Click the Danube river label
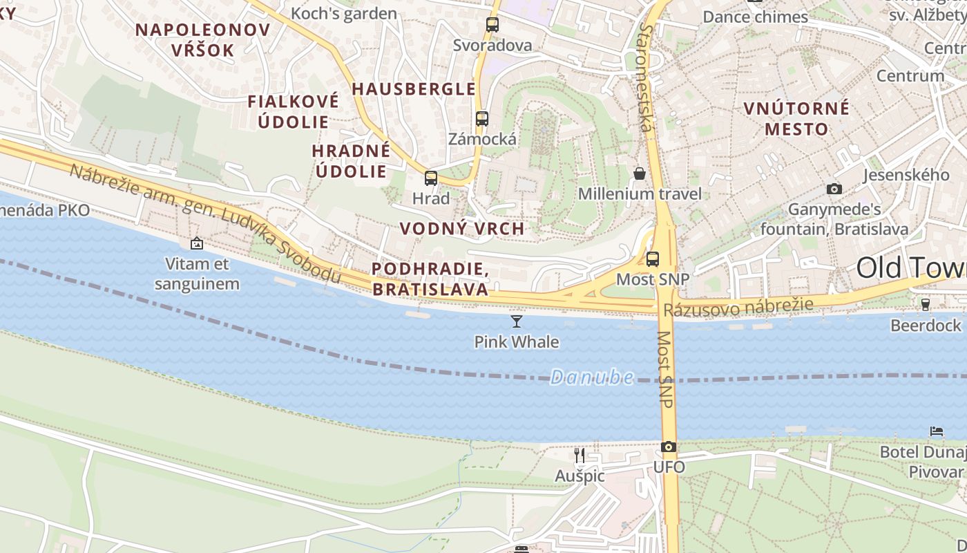tap(592, 377)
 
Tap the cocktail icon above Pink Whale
tap(516, 321)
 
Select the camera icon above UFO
tap(668, 447)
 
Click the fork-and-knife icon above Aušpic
tap(580, 455)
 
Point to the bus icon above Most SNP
tap(653, 259)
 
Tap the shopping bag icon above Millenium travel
tap(640, 173)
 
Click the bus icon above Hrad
tap(431, 178)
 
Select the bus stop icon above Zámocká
tap(482, 118)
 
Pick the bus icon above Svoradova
tap(492, 25)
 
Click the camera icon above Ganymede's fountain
tap(834, 189)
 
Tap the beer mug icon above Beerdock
tap(926, 304)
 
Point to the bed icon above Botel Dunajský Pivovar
tap(937, 431)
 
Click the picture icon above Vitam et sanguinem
tap(197, 243)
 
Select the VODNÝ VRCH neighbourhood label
tap(461, 229)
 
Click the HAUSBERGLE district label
tap(414, 89)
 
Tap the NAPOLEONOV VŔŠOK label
tap(203, 39)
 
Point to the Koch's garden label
tap(344, 13)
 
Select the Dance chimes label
tap(756, 17)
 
